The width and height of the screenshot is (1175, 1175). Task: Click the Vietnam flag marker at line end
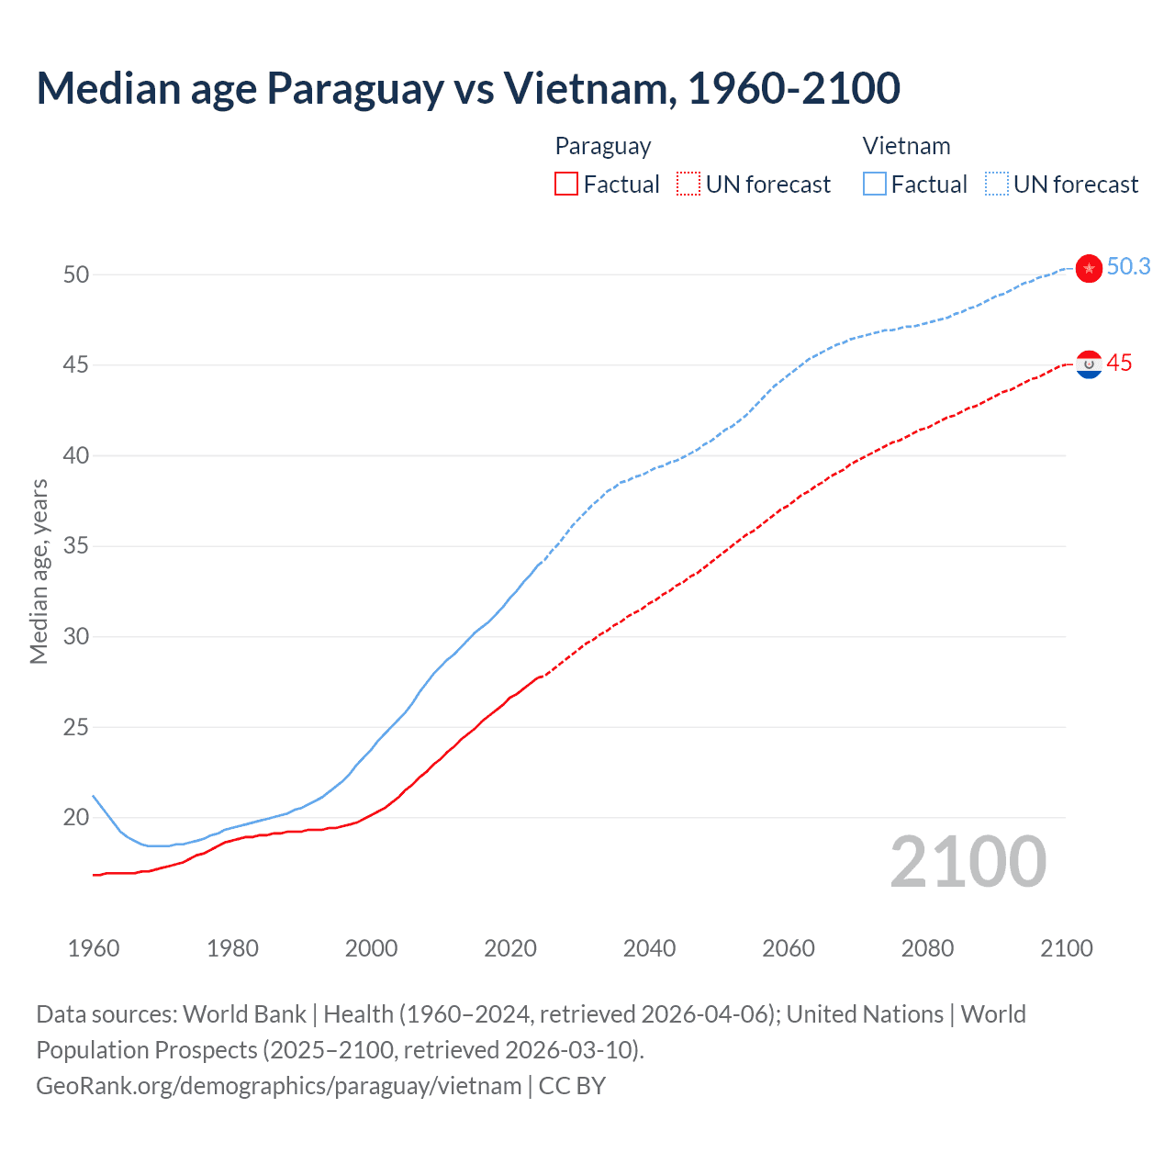tap(1089, 268)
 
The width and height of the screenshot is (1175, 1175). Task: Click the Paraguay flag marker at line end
tap(1089, 364)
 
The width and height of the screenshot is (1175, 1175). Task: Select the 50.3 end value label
tap(1128, 266)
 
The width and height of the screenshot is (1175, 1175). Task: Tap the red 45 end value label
tap(1119, 364)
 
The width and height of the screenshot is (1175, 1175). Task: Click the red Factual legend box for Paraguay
tap(566, 185)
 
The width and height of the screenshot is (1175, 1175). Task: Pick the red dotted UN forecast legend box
tap(688, 185)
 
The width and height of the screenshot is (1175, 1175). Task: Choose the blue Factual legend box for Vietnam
tap(875, 185)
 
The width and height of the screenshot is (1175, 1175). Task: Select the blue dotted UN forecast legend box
tap(996, 185)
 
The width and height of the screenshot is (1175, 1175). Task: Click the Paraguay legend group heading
tap(603, 146)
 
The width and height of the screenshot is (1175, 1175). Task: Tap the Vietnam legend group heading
tap(906, 146)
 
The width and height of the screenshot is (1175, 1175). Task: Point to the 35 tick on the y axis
tap(76, 546)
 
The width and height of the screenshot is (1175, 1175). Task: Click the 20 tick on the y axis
tap(76, 817)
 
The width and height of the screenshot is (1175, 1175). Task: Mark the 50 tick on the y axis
tap(76, 274)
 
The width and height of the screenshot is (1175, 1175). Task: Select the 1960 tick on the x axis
tap(94, 948)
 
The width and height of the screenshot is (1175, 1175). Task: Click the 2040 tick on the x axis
tap(649, 948)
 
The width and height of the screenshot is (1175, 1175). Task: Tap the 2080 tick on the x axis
tap(927, 948)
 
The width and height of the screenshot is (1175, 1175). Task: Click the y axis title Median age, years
tap(39, 571)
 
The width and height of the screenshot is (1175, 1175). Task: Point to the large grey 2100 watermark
tap(968, 861)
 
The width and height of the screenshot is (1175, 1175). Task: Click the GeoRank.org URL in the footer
tap(278, 1086)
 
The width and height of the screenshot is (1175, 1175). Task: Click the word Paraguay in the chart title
tap(354, 88)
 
